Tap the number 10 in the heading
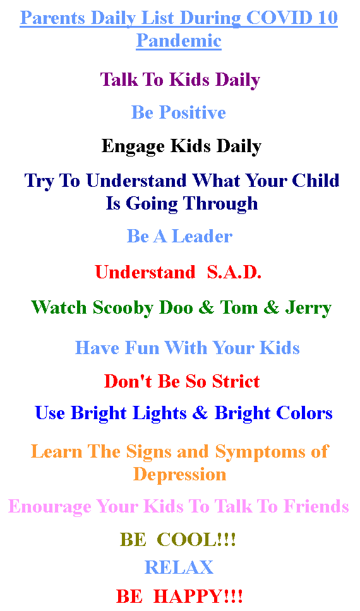coord(327,18)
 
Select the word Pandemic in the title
coord(179,40)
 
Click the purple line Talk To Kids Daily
coord(180,80)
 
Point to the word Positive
coord(193,112)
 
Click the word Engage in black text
coord(133,147)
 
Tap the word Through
coord(220,204)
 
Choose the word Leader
coord(201,237)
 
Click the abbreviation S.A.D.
coord(234,272)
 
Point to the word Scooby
coord(123,308)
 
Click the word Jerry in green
coord(308,308)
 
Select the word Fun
coord(142,348)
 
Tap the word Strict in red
coord(236,381)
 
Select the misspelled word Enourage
coord(49,507)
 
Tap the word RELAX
coord(179,567)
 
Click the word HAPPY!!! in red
coord(198,596)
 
